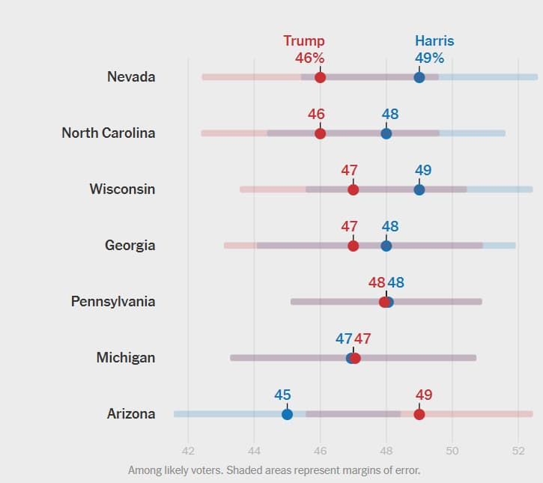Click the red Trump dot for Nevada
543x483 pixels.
click(321, 77)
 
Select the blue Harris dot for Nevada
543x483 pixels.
click(419, 77)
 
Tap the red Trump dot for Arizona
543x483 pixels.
click(419, 414)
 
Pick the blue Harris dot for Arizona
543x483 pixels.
click(287, 414)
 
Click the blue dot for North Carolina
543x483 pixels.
click(386, 133)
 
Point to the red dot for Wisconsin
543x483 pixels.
click(354, 189)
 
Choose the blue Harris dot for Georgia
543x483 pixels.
click(386, 246)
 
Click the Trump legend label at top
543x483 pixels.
click(304, 41)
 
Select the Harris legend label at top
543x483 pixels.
click(434, 41)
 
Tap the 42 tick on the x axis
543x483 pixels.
click(188, 450)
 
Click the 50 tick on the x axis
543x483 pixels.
click(452, 450)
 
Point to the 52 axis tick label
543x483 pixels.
click(518, 450)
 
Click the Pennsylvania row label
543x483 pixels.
click(113, 301)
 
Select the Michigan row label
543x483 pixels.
click(126, 357)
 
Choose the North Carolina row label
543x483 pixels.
click(109, 133)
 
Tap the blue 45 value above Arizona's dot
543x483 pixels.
click(282, 395)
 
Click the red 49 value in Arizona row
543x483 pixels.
click(423, 395)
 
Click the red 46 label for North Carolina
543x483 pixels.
click(316, 115)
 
